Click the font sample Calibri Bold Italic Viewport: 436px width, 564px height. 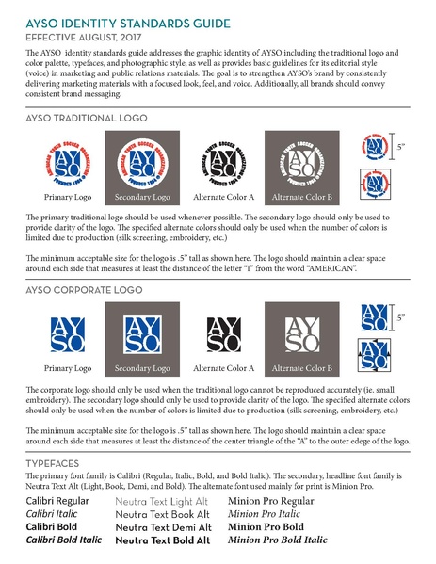(x=62, y=540)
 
